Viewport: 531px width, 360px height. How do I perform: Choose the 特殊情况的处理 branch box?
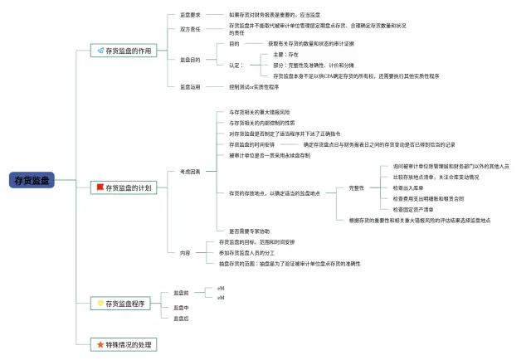[x=124, y=343]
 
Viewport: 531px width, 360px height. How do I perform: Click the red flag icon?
[x=100, y=188]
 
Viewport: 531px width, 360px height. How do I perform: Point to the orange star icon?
[x=100, y=343]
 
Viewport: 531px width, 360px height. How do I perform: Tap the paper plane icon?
[x=100, y=51]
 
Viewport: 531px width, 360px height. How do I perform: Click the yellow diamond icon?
[x=100, y=304]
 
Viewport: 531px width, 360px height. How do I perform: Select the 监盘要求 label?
[x=189, y=14]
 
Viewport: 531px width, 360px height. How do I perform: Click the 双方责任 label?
[x=189, y=29]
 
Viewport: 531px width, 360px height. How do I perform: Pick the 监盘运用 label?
[x=189, y=86]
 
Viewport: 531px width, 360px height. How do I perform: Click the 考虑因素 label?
[x=189, y=171]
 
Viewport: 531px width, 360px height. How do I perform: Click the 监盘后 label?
[x=181, y=318]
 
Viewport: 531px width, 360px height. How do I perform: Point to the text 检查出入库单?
[x=412, y=188]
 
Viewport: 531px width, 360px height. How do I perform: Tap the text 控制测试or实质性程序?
[x=254, y=86]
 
